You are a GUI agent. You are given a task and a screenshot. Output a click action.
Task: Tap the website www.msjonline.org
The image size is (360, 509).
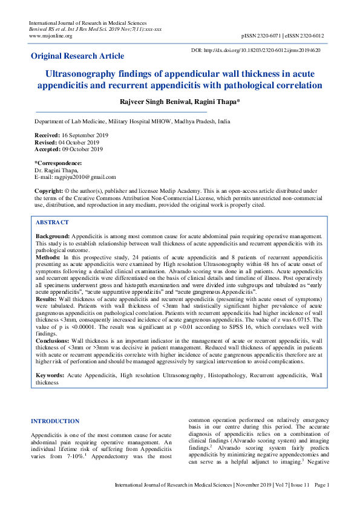coord(50,36)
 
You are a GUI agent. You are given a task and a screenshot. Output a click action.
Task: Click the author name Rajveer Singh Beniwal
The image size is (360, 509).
coord(159,101)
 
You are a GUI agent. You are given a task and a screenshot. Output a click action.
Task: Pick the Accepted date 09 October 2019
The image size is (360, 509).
coord(82,149)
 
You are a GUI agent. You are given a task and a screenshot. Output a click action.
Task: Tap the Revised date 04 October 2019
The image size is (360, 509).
coord(80,143)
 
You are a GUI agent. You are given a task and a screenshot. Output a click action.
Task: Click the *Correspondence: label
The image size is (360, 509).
coord(58,163)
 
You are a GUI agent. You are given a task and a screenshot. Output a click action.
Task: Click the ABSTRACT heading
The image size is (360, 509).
coord(52,222)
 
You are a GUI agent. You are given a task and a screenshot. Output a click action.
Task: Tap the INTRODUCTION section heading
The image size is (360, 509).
coord(55,421)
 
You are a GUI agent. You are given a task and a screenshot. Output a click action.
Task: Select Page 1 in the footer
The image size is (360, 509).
coord(322,485)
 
